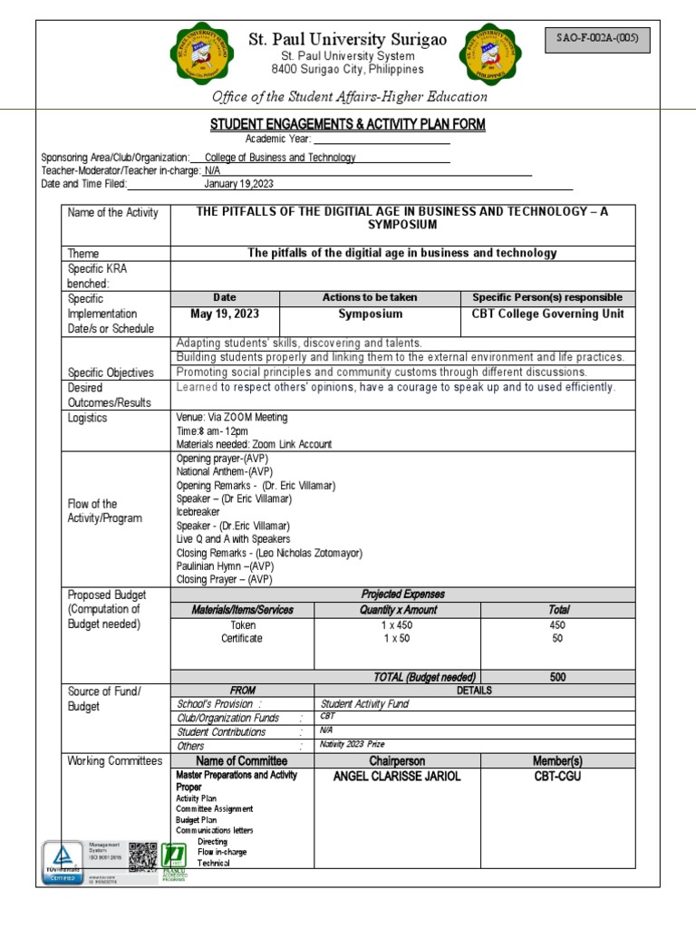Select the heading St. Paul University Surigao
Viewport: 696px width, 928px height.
[x=348, y=39]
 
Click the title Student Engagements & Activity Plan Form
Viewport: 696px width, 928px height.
[x=348, y=124]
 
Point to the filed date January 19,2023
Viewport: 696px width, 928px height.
[x=238, y=184]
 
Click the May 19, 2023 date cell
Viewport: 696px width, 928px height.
[x=224, y=314]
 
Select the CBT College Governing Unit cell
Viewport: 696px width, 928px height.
[x=547, y=314]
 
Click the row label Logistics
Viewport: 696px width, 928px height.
[x=87, y=418]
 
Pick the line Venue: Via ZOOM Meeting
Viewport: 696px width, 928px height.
[x=231, y=418]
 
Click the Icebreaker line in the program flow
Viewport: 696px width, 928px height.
[x=199, y=512]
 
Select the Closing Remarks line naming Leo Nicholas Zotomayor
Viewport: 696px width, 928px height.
[x=269, y=553]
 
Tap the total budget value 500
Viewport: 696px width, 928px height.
[x=557, y=676]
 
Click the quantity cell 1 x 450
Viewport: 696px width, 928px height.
[x=396, y=624]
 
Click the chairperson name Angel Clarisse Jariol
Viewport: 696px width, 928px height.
[x=396, y=777]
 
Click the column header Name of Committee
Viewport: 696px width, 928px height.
[x=242, y=760]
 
